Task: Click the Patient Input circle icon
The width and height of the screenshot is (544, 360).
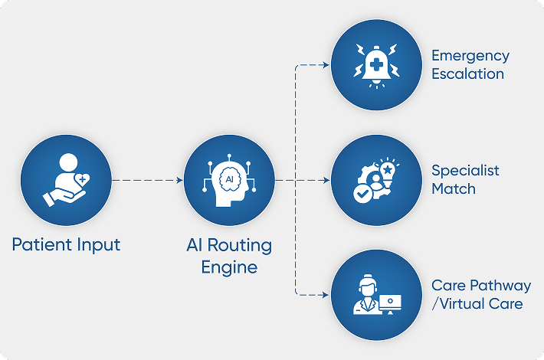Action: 66,181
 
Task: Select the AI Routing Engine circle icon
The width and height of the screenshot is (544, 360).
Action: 228,181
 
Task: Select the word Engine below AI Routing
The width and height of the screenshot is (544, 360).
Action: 228,267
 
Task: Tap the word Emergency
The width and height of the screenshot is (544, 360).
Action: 470,56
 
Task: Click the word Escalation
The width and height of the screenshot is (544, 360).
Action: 467,74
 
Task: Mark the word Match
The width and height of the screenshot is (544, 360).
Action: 453,188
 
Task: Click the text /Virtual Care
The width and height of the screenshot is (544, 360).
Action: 477,304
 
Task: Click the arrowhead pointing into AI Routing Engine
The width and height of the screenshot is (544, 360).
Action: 180,181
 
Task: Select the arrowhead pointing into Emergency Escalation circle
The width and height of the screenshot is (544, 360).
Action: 326,65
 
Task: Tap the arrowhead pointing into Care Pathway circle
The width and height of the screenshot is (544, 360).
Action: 326,294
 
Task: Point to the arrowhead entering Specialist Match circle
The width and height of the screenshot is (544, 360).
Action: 326,181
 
